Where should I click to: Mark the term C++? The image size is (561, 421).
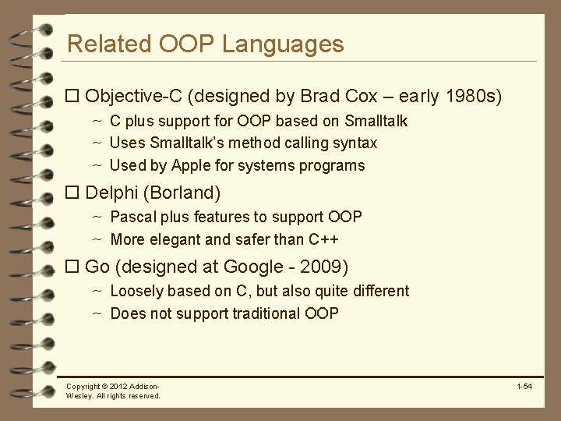point(323,239)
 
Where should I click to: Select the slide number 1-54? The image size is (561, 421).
point(524,387)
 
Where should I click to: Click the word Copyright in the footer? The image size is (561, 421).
point(83,387)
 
